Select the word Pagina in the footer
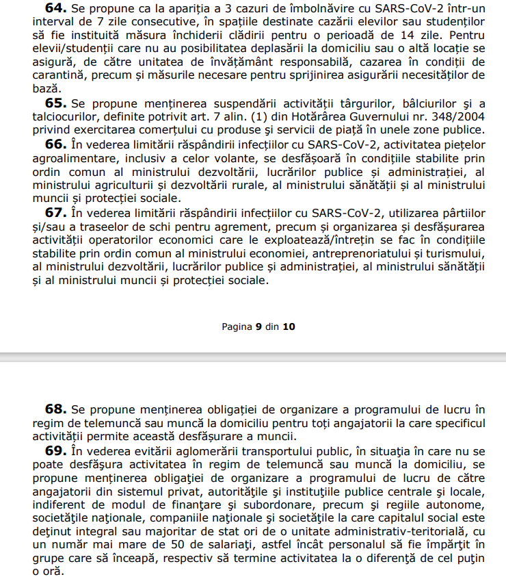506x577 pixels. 237,326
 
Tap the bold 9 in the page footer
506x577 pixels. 259,326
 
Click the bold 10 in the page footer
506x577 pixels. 289,326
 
